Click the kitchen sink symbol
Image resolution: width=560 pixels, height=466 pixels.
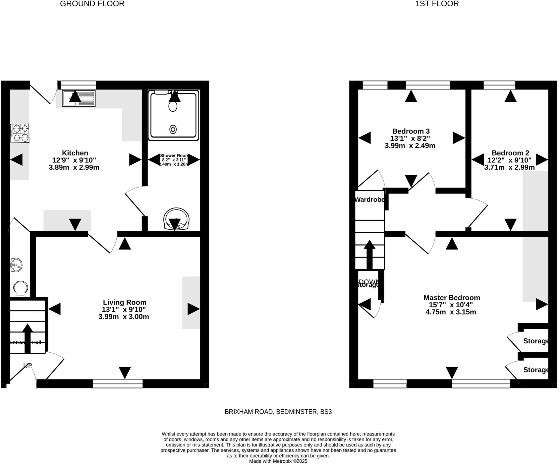[78, 98]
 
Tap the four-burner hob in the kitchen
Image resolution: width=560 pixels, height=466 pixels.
[20, 133]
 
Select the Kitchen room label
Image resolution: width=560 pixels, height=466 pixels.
[75, 153]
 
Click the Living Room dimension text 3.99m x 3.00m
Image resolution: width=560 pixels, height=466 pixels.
[124, 317]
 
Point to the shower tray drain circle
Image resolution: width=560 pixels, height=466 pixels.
[173, 129]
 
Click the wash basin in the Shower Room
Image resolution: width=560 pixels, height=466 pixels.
[176, 219]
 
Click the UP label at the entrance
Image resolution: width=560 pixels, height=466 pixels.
[28, 366]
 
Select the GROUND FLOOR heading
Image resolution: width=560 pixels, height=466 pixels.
[92, 4]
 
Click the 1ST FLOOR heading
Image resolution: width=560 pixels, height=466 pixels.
[437, 4]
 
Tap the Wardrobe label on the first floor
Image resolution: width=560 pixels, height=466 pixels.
[370, 200]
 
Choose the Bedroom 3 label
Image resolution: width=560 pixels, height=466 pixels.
[411, 131]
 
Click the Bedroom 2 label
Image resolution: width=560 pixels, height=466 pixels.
[510, 153]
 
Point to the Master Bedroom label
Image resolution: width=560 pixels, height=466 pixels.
[452, 298]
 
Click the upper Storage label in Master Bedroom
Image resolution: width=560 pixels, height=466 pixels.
[536, 341]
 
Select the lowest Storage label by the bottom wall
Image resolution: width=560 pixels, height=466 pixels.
[536, 370]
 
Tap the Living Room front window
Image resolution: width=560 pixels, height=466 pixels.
[118, 383]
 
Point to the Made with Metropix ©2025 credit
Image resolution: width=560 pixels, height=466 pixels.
[278, 461]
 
